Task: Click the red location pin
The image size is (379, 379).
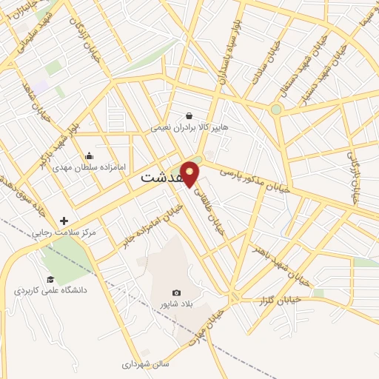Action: tap(190, 172)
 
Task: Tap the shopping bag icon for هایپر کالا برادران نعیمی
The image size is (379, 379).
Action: tap(189, 115)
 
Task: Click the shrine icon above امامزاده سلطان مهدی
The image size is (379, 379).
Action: tap(89, 155)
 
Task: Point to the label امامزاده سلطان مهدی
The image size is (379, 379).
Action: tap(90, 167)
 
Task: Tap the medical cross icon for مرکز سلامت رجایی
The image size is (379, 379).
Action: tap(64, 221)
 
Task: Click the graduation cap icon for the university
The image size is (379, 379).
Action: tap(50, 279)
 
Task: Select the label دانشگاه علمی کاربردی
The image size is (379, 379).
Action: tap(50, 290)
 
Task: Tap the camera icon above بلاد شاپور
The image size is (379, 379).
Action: tap(176, 292)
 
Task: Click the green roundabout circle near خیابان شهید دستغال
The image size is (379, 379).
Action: tap(276, 110)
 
